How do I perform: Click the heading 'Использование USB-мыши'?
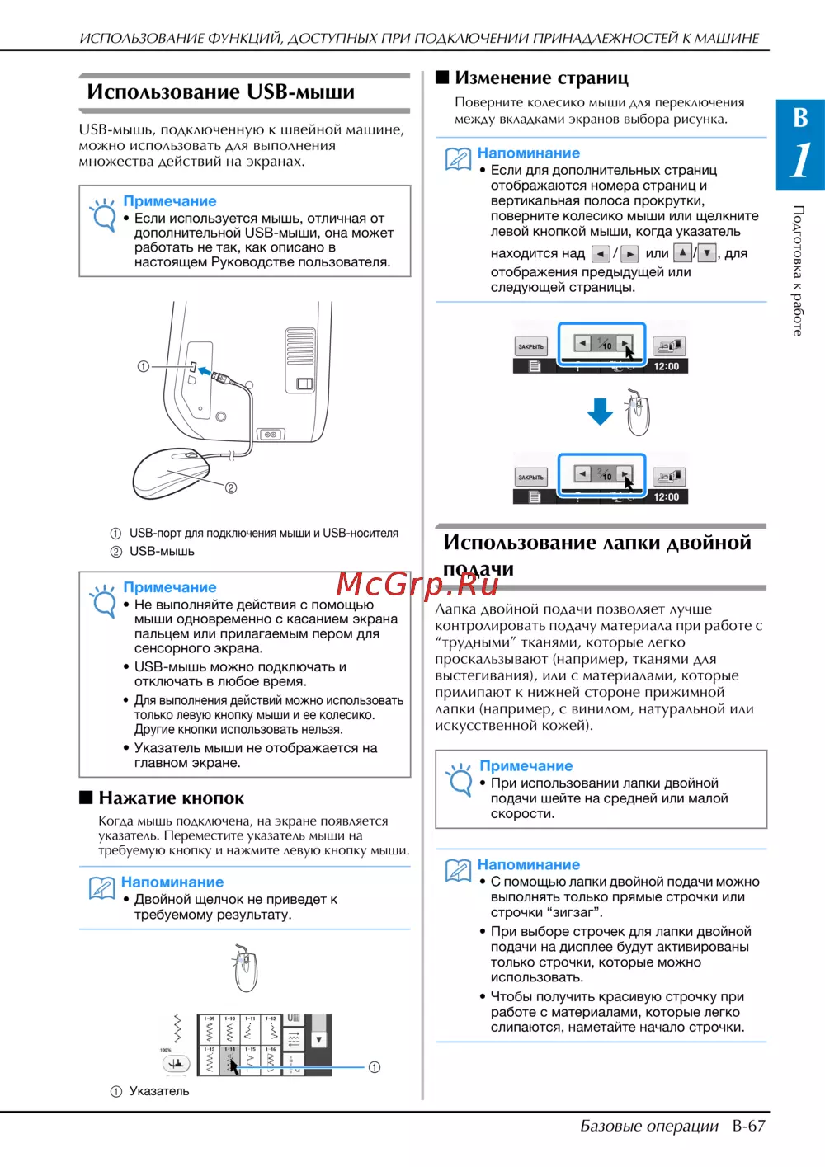[x=221, y=92]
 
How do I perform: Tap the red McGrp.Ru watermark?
[x=417, y=584]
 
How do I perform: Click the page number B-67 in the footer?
[x=748, y=1126]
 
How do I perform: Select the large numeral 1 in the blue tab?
[x=799, y=160]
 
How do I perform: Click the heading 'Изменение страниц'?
[x=541, y=78]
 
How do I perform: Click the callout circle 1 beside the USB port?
[x=144, y=366]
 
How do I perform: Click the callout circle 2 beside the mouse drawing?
[x=231, y=487]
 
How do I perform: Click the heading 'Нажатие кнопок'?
[x=171, y=798]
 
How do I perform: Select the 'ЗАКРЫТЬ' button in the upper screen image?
[x=530, y=346]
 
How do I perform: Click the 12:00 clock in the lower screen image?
[x=667, y=497]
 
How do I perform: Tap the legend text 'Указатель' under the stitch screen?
[x=159, y=1091]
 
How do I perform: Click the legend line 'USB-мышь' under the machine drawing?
[x=162, y=551]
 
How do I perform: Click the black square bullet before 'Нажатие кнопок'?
[x=86, y=798]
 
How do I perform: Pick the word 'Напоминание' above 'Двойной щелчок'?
[x=172, y=882]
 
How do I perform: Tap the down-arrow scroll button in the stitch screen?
[x=318, y=1040]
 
